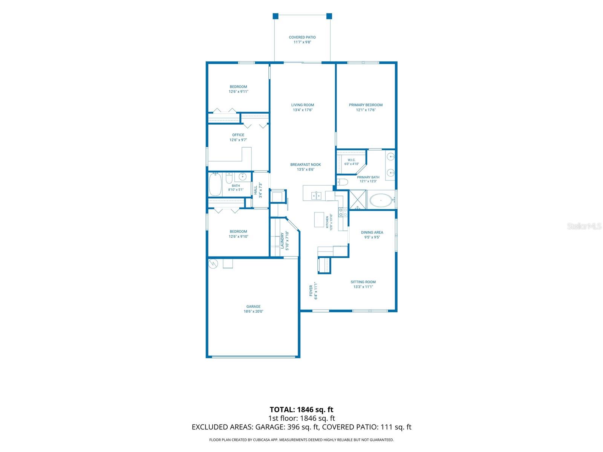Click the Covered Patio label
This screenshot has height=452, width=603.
tap(302, 37)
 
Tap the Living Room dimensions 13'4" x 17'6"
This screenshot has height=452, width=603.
tap(303, 110)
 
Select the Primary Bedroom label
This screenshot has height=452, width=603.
tap(366, 105)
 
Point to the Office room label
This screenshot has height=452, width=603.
tap(238, 135)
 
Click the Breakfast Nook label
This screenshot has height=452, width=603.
tap(306, 165)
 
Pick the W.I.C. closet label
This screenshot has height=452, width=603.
tap(352, 160)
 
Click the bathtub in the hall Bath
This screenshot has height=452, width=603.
tap(215, 184)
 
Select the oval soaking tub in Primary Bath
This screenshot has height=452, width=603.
tap(381, 200)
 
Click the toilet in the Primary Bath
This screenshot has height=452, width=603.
tap(342, 182)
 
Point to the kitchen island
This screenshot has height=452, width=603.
tap(319, 220)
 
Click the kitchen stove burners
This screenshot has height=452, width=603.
tap(343, 212)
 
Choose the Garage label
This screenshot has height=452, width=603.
tap(253, 307)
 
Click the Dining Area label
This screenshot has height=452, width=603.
tap(372, 232)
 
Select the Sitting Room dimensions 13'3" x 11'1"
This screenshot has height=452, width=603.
tap(363, 287)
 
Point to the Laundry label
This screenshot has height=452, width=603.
tap(282, 241)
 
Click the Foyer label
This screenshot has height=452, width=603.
tap(311, 291)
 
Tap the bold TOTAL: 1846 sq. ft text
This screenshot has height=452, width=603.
tap(301, 409)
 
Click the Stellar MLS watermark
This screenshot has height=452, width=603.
tap(584, 226)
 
